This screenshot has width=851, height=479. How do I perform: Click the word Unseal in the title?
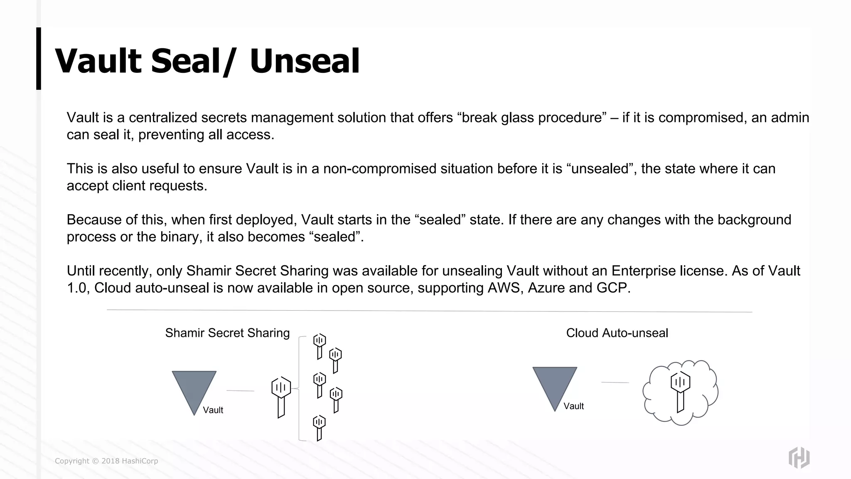pyautogui.click(x=305, y=61)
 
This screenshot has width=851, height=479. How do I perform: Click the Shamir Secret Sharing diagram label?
pyautogui.click(x=227, y=333)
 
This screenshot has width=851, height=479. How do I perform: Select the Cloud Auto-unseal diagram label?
pyautogui.click(x=617, y=333)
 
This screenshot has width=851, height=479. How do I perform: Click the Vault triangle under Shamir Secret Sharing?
pyautogui.click(x=194, y=387)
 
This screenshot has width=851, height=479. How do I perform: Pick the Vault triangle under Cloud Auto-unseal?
pyautogui.click(x=555, y=383)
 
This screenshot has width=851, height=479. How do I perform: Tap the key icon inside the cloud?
pyautogui.click(x=680, y=391)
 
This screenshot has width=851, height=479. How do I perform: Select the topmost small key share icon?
pyautogui.click(x=319, y=345)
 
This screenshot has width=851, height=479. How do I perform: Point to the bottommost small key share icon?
pyautogui.click(x=319, y=427)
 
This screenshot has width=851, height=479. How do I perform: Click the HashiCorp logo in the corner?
pyautogui.click(x=799, y=458)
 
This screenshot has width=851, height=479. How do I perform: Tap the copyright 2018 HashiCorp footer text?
pyautogui.click(x=106, y=461)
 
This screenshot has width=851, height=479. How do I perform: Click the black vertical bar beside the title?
pyautogui.click(x=39, y=59)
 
